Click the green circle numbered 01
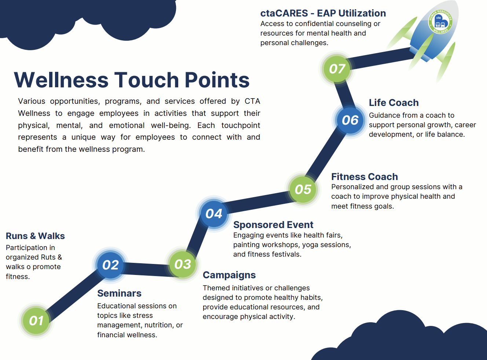36,321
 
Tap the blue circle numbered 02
110,265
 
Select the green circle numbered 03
183,264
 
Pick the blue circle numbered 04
214,213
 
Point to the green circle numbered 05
303,189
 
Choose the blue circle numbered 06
350,120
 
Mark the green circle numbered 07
337,69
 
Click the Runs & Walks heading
35,236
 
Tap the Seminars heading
119,293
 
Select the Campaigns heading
229,275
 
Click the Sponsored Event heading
273,225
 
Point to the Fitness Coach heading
365,177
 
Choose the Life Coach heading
393,103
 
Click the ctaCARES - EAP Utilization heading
323,13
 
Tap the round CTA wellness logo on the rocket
440,22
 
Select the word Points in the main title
217,80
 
